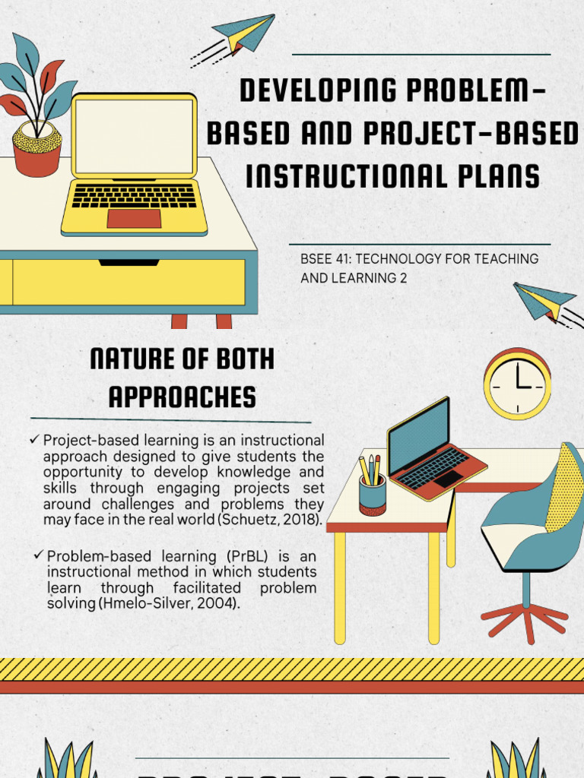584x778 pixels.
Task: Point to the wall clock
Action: [517, 384]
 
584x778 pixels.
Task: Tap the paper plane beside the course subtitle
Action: [544, 301]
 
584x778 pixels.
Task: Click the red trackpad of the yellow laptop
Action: [134, 218]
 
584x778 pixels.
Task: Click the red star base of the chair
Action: [524, 617]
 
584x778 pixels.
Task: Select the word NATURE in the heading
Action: [133, 360]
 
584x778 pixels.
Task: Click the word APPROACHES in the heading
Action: [182, 397]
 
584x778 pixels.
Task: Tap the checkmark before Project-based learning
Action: [34, 439]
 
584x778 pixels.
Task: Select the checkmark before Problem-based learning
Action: [39, 555]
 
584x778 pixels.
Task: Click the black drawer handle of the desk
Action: [129, 263]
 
